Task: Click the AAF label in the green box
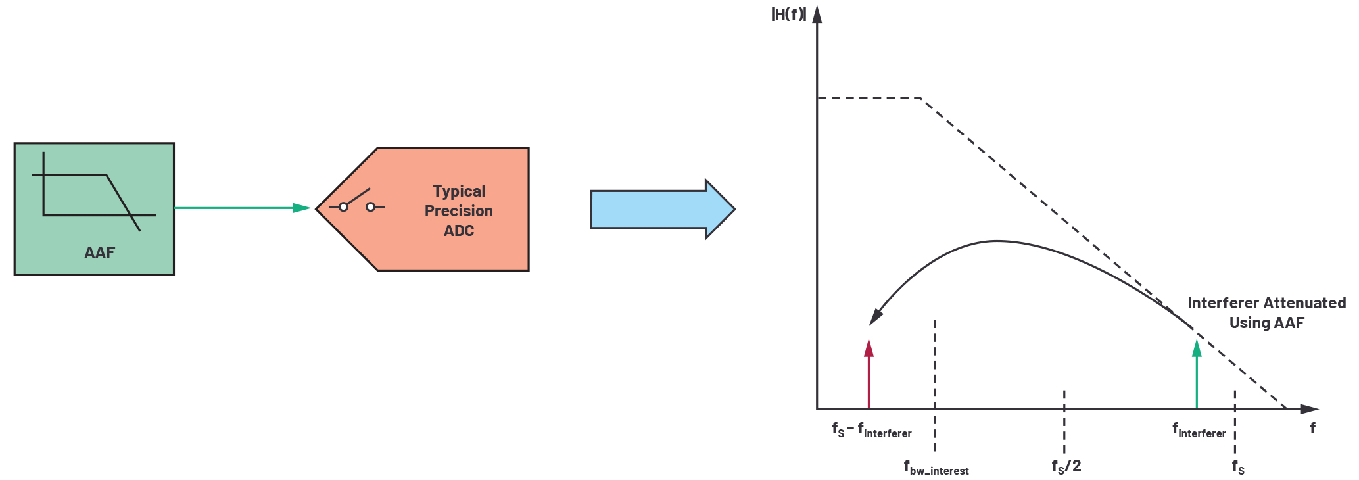(99, 252)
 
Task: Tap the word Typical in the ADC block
(459, 191)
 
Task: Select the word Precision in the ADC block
(458, 211)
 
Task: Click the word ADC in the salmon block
(458, 231)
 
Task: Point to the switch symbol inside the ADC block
(357, 203)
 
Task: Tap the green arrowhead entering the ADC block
(302, 208)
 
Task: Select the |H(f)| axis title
(788, 14)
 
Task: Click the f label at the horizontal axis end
(1312, 428)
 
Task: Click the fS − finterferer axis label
(871, 431)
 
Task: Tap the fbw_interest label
(936, 468)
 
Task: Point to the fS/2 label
(1066, 467)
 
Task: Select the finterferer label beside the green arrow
(1199, 431)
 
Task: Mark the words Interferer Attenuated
(1266, 303)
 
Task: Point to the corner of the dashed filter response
(921, 99)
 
